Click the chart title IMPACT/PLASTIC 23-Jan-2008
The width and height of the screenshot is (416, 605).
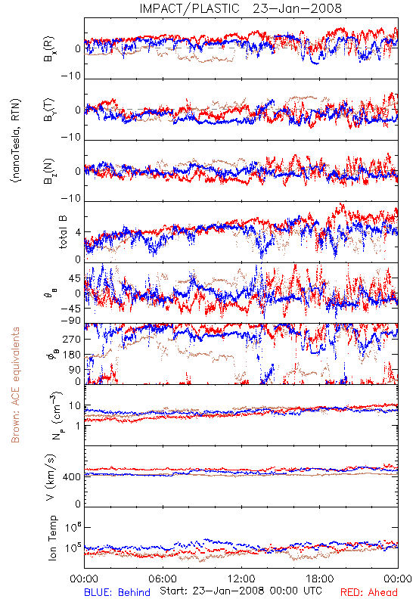241,8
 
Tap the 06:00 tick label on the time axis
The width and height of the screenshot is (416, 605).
163,579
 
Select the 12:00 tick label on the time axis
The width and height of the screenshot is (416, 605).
241,579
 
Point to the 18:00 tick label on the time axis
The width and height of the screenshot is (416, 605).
319,579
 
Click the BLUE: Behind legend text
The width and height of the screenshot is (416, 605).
117,592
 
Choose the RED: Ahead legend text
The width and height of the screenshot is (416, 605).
368,592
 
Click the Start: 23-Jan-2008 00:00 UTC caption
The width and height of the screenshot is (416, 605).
241,591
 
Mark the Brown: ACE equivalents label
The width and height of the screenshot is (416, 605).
15,385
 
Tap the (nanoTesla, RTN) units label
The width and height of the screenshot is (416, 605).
16,141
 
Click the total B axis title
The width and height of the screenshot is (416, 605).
62,232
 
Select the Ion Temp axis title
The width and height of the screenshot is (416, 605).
52,538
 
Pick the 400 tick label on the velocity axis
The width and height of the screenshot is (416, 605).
72,477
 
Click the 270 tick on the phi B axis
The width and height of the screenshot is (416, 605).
72,339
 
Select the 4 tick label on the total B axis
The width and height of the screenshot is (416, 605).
79,233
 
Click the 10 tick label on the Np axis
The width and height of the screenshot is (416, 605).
75,406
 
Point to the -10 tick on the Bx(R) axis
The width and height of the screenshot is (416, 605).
71,76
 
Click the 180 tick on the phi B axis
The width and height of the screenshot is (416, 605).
72,355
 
